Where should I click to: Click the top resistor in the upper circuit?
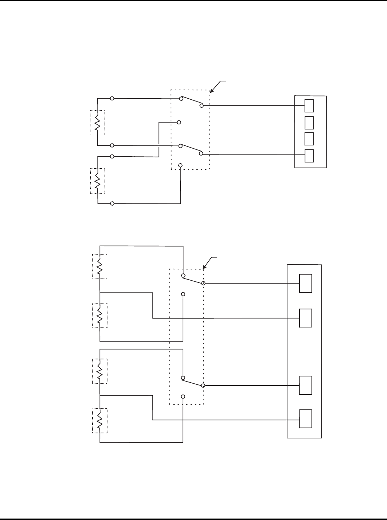[x=97, y=123]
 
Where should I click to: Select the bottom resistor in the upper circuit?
[x=97, y=181]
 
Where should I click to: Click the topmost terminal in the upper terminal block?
[x=309, y=106]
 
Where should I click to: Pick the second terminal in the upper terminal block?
[x=309, y=123]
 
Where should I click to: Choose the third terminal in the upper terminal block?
[x=309, y=139]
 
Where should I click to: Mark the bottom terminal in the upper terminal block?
[x=309, y=156]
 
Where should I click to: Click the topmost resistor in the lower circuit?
[x=99, y=267]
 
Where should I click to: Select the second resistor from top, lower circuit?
[x=99, y=315]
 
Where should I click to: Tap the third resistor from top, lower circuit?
[x=99, y=371]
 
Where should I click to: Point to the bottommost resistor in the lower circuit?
[x=99, y=421]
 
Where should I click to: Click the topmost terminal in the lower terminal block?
[x=305, y=284]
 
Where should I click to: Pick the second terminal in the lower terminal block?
[x=305, y=318]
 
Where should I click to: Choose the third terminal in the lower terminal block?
[x=305, y=385]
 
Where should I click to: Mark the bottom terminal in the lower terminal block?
[x=305, y=419]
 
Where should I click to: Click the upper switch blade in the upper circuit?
[x=191, y=102]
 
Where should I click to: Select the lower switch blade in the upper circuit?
[x=191, y=149]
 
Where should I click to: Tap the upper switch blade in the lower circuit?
[x=192, y=280]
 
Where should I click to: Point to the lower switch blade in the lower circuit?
[x=192, y=383]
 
